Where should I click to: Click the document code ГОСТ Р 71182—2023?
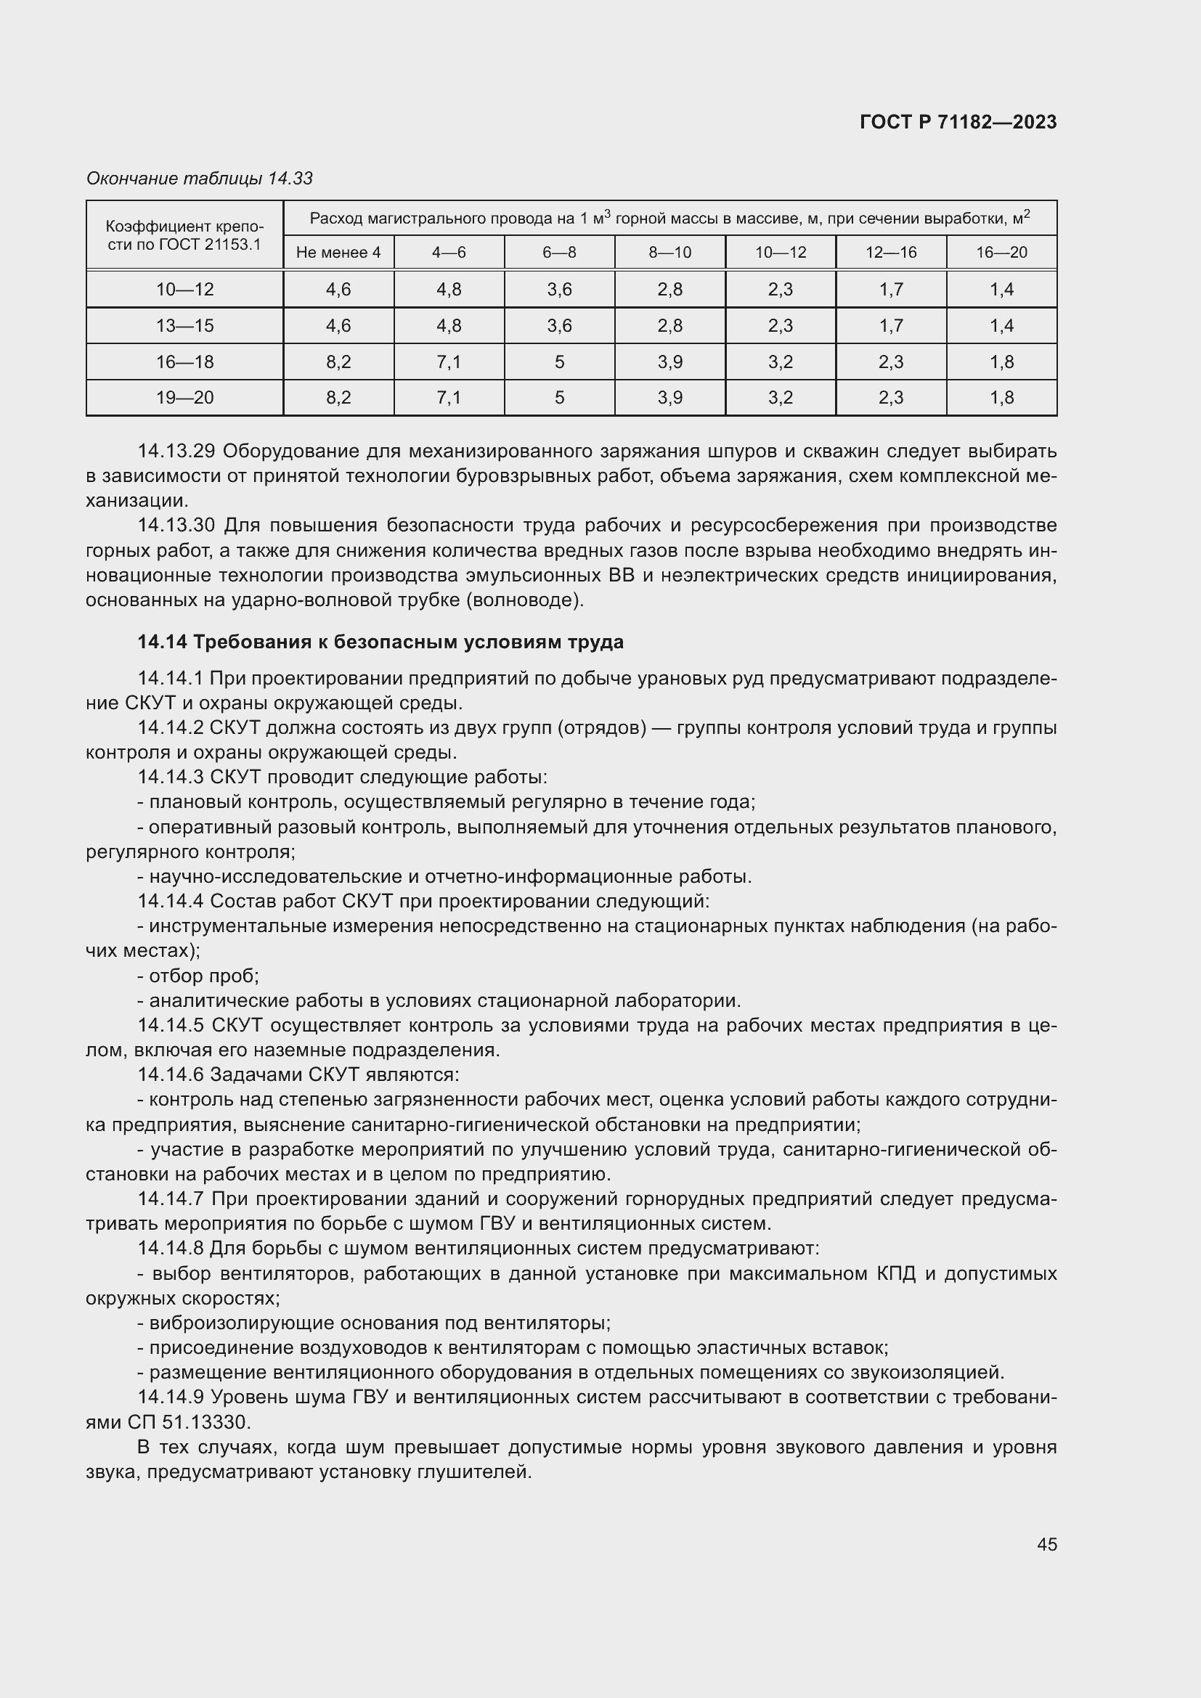[x=958, y=122]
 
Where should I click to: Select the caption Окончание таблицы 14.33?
[x=200, y=179]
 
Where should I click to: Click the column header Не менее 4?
[x=338, y=253]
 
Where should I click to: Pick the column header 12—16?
[x=890, y=253]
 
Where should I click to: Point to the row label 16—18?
[x=184, y=362]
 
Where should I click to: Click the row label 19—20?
[x=184, y=398]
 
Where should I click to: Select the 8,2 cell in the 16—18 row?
[x=338, y=362]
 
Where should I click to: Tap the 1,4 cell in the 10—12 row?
[x=1001, y=290]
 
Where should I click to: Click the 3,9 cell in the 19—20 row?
[x=669, y=398]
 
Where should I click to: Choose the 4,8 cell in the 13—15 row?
[x=449, y=326]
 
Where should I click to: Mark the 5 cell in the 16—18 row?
[x=559, y=362]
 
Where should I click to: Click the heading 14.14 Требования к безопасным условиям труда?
[x=380, y=642]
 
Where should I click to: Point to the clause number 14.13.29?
[x=175, y=451]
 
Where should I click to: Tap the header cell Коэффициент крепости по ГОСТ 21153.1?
[x=184, y=235]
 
